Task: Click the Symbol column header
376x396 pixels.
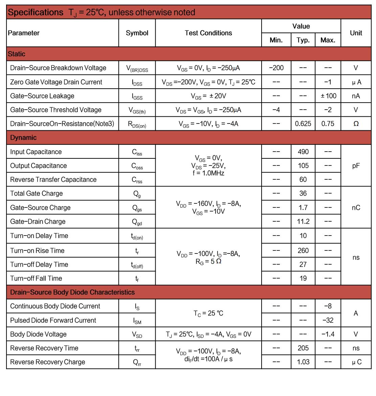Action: (x=137, y=33)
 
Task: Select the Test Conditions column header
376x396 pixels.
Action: (x=208, y=33)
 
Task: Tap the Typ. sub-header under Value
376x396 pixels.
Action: (x=303, y=40)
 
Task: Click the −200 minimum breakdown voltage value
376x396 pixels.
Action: (x=276, y=68)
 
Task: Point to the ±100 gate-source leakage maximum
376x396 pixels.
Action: (x=328, y=96)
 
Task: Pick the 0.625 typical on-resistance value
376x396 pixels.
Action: (x=303, y=124)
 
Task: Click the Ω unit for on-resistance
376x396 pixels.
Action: (x=356, y=124)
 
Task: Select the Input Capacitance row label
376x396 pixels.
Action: (x=36, y=152)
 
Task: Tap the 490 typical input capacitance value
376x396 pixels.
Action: (x=303, y=152)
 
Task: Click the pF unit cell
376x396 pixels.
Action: (x=356, y=166)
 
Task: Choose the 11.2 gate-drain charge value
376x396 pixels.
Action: (x=303, y=221)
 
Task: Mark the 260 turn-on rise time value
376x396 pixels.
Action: (x=303, y=250)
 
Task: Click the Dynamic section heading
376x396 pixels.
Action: (x=23, y=137)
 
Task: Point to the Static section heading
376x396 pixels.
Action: (x=17, y=54)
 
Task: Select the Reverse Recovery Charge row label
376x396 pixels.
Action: (x=48, y=362)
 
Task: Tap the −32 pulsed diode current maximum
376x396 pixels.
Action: (x=328, y=320)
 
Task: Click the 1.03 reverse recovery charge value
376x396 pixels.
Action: (x=303, y=362)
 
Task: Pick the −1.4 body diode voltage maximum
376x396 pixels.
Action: (x=328, y=334)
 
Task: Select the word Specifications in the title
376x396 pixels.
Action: (x=36, y=12)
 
